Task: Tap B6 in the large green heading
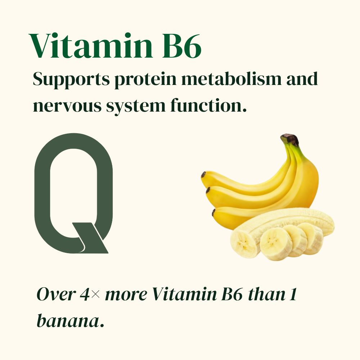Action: [181, 46]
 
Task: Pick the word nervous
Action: [67, 106]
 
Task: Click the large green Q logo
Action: [41, 193]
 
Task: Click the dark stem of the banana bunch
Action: [290, 139]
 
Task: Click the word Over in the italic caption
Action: [56, 294]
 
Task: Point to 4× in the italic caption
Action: [90, 294]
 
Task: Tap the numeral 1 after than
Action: [292, 294]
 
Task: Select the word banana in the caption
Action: [68, 321]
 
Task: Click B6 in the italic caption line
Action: [232, 294]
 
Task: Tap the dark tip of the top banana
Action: [203, 175]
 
